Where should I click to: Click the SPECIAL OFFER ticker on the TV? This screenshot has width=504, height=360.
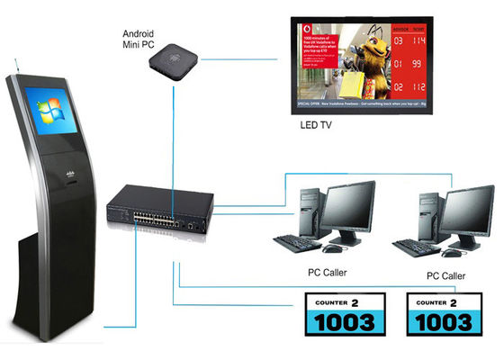click(369, 105)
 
